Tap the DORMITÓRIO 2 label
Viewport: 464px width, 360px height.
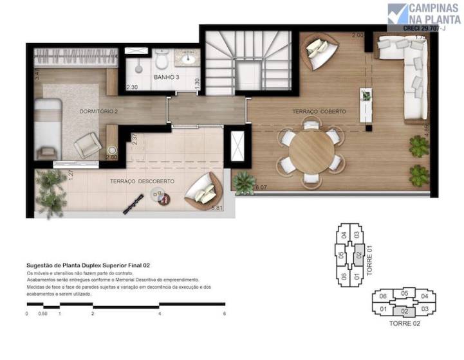[x=98, y=111]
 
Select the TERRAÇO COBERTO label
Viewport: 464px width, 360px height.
[x=319, y=112]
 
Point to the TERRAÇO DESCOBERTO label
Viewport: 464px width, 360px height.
[x=142, y=182]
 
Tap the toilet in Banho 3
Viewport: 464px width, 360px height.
[x=162, y=60]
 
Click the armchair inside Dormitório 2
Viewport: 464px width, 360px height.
[x=87, y=147]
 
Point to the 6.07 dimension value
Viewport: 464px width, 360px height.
[x=261, y=188]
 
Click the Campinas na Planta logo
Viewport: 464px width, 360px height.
[x=424, y=16]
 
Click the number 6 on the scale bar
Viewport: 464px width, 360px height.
[x=225, y=314]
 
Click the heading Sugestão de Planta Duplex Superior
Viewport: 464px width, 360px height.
[x=88, y=265]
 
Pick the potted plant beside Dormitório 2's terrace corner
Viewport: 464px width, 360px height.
[x=51, y=186]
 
